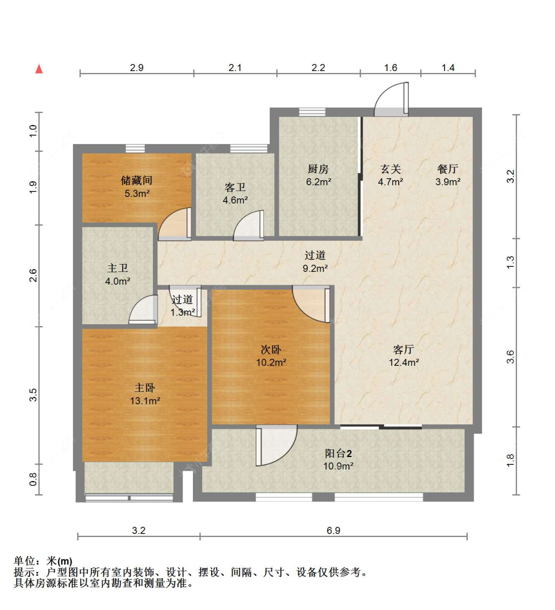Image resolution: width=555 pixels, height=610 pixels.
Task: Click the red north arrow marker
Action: click(x=39, y=69)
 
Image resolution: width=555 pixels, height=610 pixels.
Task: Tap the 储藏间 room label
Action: click(x=137, y=180)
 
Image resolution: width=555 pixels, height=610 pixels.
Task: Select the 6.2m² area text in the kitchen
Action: click(x=318, y=182)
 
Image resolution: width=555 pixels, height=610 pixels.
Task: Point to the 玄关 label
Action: click(x=391, y=169)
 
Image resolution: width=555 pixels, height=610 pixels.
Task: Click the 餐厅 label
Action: click(x=447, y=169)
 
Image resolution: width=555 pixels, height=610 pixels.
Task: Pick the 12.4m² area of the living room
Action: click(x=404, y=362)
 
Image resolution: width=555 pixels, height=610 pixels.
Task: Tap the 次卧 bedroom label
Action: click(x=271, y=350)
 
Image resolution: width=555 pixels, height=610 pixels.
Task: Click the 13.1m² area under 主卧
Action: click(x=145, y=401)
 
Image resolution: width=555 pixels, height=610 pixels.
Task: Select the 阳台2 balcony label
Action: click(x=338, y=454)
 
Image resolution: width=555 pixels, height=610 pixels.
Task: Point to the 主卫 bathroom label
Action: click(x=117, y=268)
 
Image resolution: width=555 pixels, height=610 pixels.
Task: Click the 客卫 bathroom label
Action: click(x=235, y=188)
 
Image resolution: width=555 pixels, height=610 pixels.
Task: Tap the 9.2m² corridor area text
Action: click(x=315, y=268)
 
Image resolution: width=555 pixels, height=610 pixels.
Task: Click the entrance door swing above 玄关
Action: click(x=391, y=99)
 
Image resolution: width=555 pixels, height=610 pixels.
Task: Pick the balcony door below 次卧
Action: click(x=276, y=445)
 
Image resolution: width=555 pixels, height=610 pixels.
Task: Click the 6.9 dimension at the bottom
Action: click(x=333, y=531)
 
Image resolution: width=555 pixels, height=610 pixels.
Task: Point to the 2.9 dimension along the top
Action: click(x=137, y=68)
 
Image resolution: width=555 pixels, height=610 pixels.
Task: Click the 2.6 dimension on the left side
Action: click(x=33, y=275)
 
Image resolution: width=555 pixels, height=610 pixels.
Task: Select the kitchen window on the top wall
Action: click(x=312, y=112)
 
